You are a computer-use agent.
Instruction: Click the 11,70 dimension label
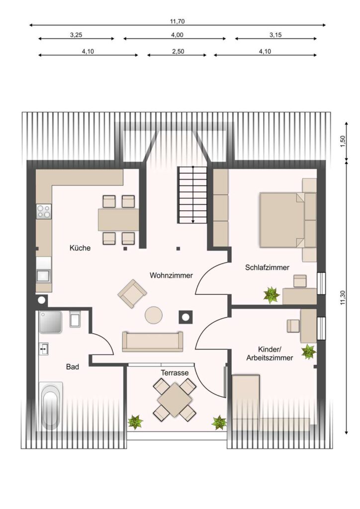(177, 22)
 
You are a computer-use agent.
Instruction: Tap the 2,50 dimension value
(177, 51)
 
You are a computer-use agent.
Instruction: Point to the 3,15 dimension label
(275, 35)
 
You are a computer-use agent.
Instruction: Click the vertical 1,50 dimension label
(343, 141)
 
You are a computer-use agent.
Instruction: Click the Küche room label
(80, 248)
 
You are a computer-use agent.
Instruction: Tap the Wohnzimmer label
(171, 275)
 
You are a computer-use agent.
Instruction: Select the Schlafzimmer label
(267, 267)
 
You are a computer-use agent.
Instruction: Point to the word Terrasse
(175, 373)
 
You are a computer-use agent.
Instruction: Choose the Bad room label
(73, 367)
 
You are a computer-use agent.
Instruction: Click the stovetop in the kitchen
(44, 212)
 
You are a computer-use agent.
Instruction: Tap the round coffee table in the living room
(154, 315)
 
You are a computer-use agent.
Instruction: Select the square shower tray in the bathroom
(50, 322)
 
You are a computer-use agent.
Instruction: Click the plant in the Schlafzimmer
(271, 295)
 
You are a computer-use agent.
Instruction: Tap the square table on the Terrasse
(175, 400)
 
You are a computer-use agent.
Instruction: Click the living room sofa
(152, 341)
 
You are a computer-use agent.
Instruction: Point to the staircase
(192, 195)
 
